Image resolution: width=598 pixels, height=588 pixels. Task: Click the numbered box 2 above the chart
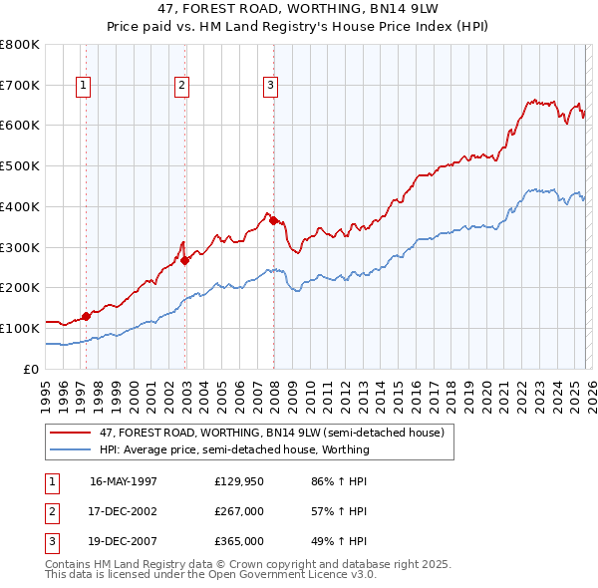(x=182, y=87)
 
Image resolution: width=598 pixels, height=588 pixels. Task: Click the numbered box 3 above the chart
(x=270, y=87)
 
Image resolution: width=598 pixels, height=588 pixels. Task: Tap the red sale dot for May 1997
(x=86, y=316)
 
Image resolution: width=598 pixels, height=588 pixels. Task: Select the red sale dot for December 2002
(x=184, y=260)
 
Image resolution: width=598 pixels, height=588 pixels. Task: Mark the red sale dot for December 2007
(x=273, y=220)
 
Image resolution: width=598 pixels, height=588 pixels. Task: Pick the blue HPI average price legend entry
(x=234, y=449)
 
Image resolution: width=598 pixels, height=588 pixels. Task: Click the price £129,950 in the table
(x=238, y=481)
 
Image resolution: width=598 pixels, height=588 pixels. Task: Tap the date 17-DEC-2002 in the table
(x=124, y=511)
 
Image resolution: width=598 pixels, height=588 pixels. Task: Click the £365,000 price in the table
(x=238, y=541)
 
